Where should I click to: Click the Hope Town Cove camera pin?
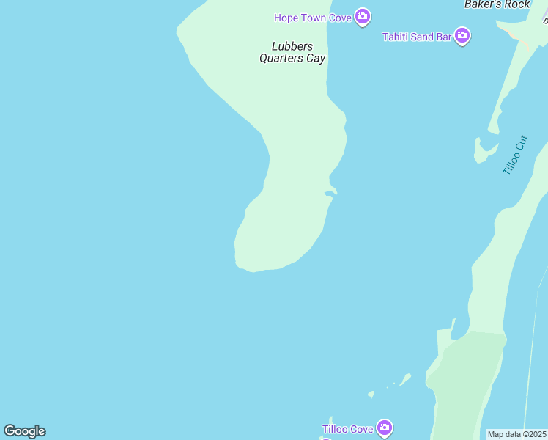(362, 16)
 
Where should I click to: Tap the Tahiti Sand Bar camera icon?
(462, 35)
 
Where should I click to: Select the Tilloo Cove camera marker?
(385, 428)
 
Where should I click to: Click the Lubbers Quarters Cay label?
(292, 53)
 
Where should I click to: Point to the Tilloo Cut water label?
(515, 154)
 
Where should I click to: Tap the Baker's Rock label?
(497, 4)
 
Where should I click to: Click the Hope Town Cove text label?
(313, 18)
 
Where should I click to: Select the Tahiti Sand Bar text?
(417, 37)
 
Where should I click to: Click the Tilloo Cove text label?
(348, 429)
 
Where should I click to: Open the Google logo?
(24, 431)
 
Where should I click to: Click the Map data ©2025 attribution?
(516, 434)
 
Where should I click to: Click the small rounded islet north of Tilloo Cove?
(371, 394)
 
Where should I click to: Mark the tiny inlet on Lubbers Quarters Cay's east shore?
(330, 193)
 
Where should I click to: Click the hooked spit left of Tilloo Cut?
(483, 151)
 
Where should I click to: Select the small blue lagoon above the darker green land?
(445, 338)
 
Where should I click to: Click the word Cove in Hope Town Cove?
(340, 18)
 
